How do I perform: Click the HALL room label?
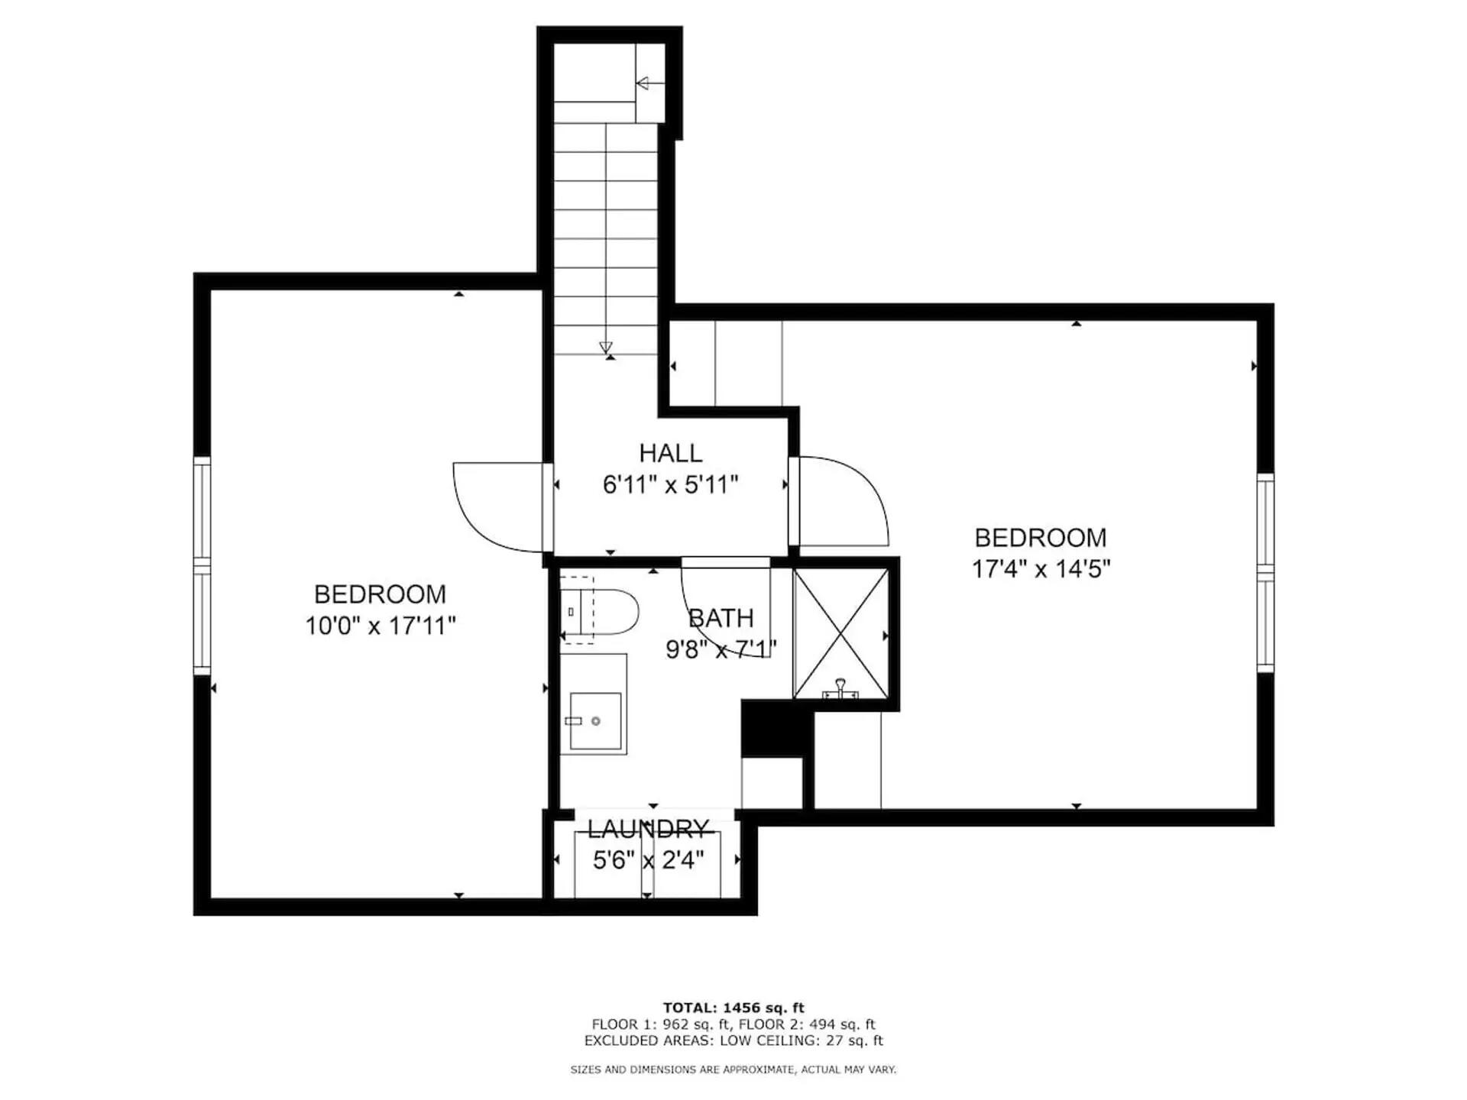670,453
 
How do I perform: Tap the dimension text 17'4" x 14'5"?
1040,569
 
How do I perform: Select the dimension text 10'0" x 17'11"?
381,626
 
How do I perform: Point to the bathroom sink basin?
595,720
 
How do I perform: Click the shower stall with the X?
840,633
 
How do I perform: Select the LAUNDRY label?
648,829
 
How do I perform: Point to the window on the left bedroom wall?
202,565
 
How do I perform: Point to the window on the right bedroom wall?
1265,572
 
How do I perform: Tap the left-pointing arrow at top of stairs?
643,83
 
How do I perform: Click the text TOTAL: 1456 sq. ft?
733,1008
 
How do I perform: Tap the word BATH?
721,618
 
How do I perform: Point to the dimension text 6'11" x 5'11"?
670,485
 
